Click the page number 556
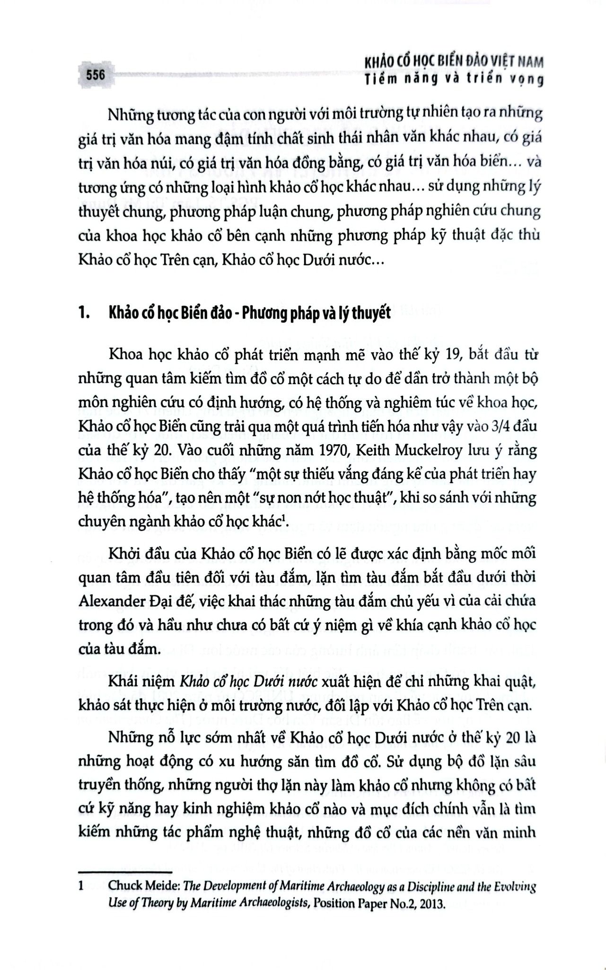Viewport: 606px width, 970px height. click(x=95, y=75)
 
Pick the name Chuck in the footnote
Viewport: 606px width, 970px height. click(x=125, y=885)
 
